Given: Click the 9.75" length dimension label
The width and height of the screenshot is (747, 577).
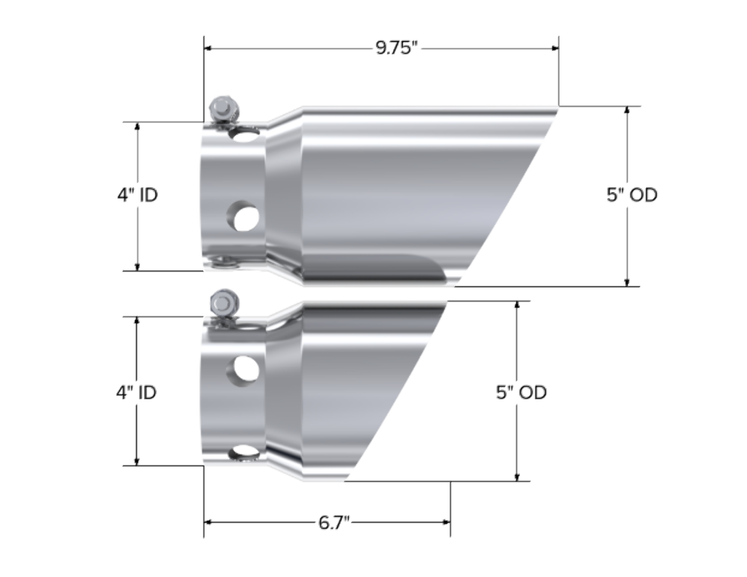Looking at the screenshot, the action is click(397, 48).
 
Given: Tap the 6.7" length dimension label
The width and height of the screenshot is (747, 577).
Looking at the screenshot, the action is click(334, 523).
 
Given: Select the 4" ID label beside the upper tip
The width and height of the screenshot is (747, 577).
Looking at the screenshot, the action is click(137, 195).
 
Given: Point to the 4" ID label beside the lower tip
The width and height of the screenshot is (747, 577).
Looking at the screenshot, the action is click(136, 392).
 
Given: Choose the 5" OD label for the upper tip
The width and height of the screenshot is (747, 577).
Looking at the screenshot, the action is click(632, 195).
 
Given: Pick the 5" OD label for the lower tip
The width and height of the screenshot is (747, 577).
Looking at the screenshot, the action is click(521, 392).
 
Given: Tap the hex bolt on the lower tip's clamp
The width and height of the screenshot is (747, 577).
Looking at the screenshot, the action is click(224, 303).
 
